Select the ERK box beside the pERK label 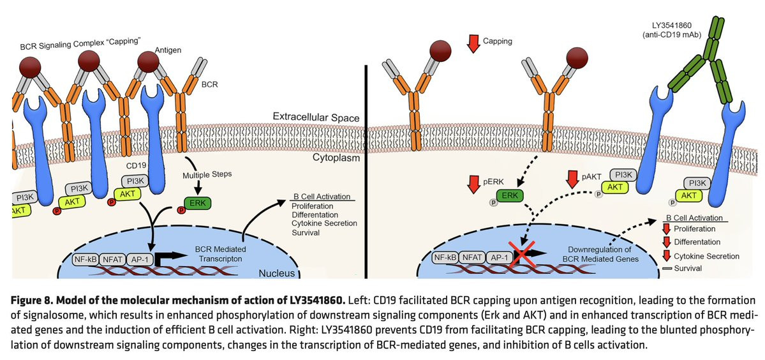(x=508, y=194)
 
